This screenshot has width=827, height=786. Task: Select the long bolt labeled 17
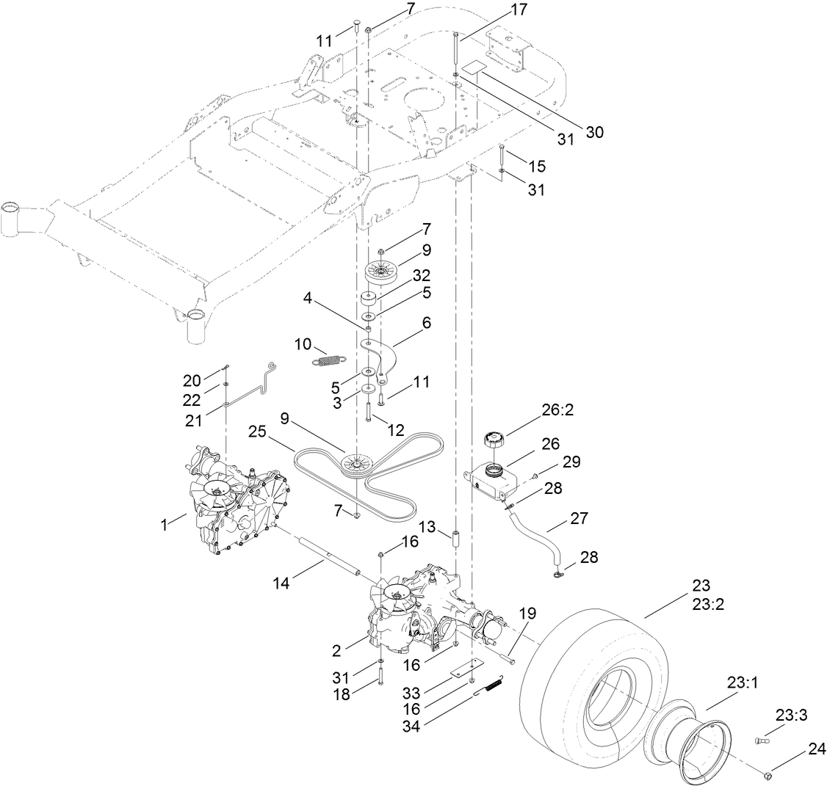point(456,50)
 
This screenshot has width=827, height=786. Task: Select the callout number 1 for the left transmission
point(165,525)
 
